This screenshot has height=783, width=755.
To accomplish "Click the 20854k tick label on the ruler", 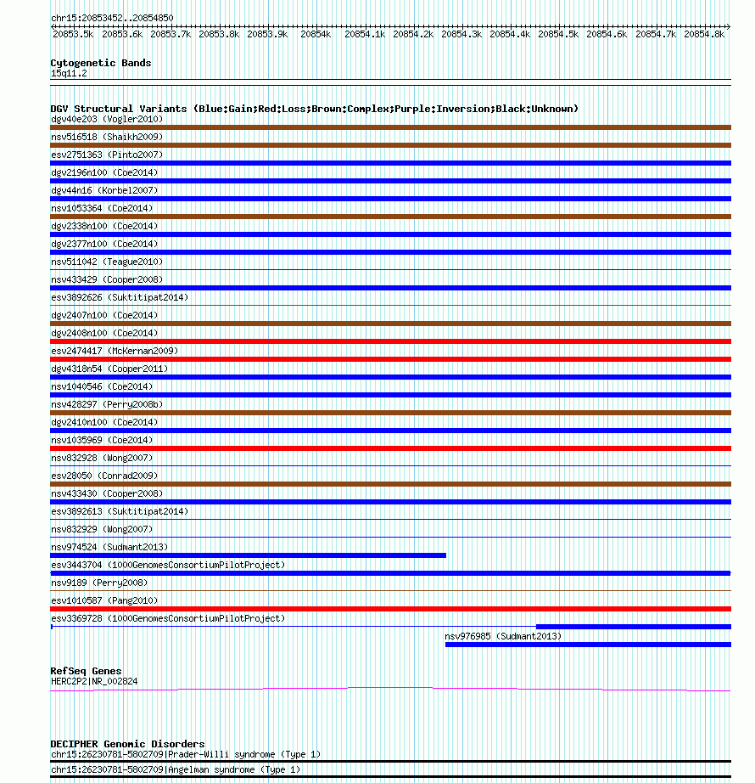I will coord(315,34).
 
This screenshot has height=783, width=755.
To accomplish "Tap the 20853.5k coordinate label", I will coord(73,34).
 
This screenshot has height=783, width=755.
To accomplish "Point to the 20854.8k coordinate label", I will coord(703,34).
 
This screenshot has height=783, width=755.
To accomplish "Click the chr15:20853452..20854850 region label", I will coord(112,18).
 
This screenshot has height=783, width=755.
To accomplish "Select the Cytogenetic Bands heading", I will coord(101,63).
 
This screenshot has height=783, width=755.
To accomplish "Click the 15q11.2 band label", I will coord(69,73).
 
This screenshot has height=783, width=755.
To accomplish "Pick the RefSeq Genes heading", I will coord(86,671).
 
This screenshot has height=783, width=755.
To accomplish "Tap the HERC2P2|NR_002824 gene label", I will coord(94,681).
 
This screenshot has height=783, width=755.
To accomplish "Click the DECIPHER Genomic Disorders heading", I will coord(127,744).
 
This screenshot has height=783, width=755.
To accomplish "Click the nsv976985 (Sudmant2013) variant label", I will coord(503,636).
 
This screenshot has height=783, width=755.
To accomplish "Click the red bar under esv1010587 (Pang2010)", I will coord(390,609).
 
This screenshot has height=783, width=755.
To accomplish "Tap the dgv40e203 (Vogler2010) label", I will coord(98,119).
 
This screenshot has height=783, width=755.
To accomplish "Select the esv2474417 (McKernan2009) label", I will coord(115,351).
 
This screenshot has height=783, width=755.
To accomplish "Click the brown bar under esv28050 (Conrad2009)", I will coord(390,484).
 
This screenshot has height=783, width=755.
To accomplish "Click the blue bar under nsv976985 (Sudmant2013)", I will coord(588,645).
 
